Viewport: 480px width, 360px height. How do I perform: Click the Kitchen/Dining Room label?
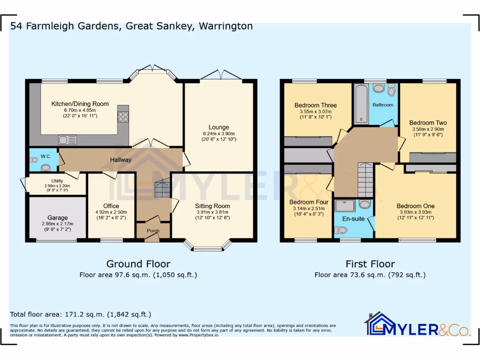coord(80,104)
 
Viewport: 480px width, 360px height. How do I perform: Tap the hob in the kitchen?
coord(123,117)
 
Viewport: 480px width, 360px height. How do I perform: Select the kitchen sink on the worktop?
coord(67,139)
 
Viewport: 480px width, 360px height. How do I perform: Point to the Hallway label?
coord(120,160)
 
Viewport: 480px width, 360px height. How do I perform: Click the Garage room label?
coord(58,217)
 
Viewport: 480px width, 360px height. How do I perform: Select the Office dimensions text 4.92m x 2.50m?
coord(111,212)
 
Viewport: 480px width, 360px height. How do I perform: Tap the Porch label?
coord(153,231)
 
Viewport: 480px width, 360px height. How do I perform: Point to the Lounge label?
coord(218,127)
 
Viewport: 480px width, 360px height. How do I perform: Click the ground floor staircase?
coord(162,188)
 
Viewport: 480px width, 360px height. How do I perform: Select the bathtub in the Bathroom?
coord(361,104)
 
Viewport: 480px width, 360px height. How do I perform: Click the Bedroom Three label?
coord(315,105)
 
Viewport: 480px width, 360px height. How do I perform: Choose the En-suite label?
coord(354,218)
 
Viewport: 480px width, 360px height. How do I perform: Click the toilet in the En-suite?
coord(341,230)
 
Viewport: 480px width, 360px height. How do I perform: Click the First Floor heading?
coord(370,264)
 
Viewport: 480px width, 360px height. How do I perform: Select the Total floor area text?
coord(80,315)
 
